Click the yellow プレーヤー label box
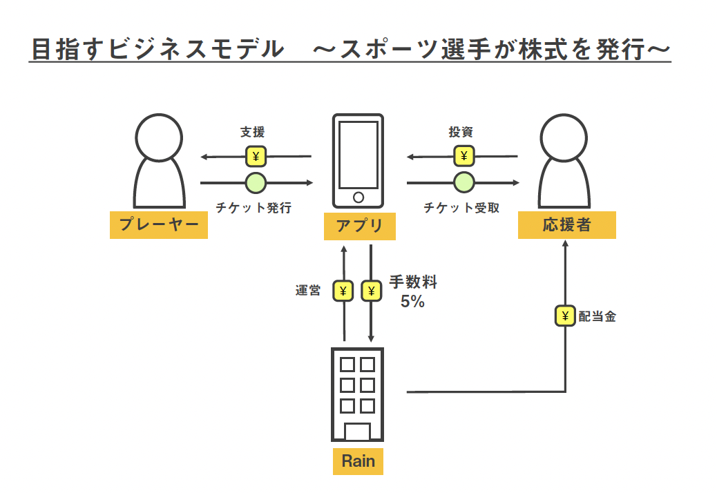pos(159,224)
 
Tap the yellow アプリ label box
pos(359,226)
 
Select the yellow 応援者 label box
pos(566,224)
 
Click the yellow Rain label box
pos(358,461)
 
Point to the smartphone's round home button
pos(358,197)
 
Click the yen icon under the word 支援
pos(256,157)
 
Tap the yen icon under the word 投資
pos(463,157)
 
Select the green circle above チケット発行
pos(256,183)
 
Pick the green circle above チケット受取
pos(463,183)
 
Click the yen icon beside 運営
pos(343,291)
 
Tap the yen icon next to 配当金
pos(566,317)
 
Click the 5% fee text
pos(412,302)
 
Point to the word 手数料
pos(413,282)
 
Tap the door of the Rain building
pos(357,432)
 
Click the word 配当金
pos(597,317)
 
